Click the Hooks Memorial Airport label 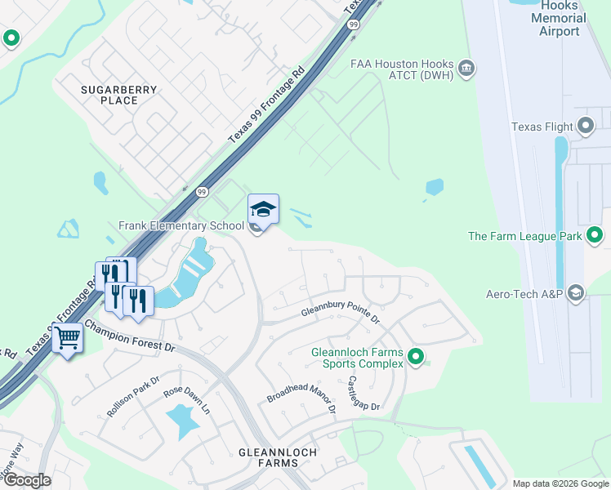tap(560, 17)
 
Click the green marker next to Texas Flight tap(585, 126)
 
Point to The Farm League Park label tap(524, 237)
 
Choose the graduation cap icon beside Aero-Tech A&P tap(577, 292)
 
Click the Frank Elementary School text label tap(181, 226)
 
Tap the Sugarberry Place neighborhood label tap(109, 94)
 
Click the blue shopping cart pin tap(68, 337)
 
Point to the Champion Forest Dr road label tap(131, 336)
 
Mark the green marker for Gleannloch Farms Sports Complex tap(416, 355)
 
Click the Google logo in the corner tap(27, 480)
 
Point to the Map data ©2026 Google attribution tap(560, 483)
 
